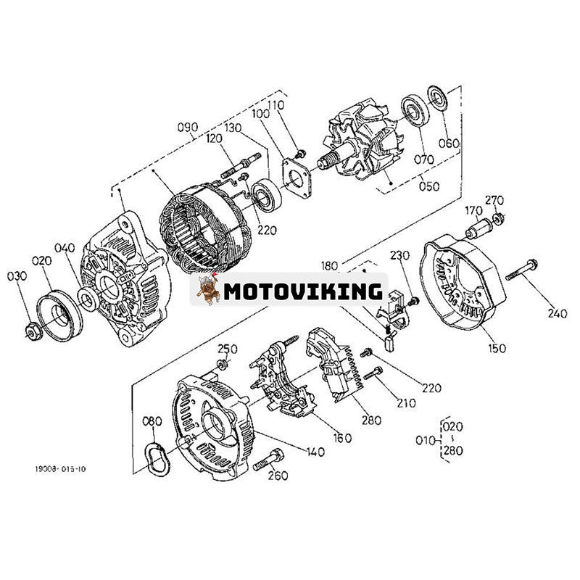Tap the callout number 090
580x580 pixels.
(x=187, y=129)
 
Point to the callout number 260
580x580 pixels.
(x=278, y=476)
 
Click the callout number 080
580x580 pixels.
(x=152, y=421)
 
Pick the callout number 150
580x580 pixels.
(x=497, y=348)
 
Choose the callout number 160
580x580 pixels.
(x=341, y=437)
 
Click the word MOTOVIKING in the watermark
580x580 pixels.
(x=302, y=291)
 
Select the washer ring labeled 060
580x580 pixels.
(x=437, y=96)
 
